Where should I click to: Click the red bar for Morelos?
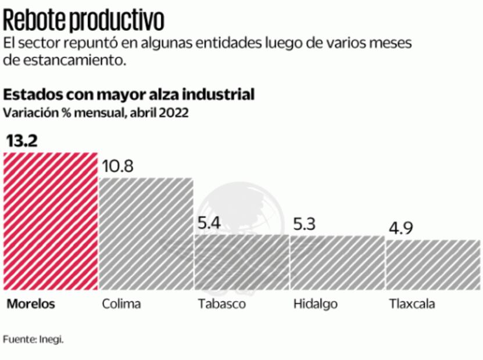[x=50, y=221]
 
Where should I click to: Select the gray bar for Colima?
[x=145, y=233]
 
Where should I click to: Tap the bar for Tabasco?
[x=241, y=262]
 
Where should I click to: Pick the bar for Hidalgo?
[x=337, y=262]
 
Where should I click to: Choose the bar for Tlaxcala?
[x=433, y=264]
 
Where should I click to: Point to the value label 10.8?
[x=118, y=167]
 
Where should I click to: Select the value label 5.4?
[x=207, y=224]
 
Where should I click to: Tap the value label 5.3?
[x=303, y=224]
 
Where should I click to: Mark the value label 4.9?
[x=400, y=228]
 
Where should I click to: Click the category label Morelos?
[x=31, y=304]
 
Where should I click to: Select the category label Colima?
[x=121, y=304]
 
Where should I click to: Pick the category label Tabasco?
[x=221, y=304]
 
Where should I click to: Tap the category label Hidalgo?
[x=316, y=304]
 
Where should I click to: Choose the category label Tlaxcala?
[x=412, y=304]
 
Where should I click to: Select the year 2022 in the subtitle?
[x=172, y=113]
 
